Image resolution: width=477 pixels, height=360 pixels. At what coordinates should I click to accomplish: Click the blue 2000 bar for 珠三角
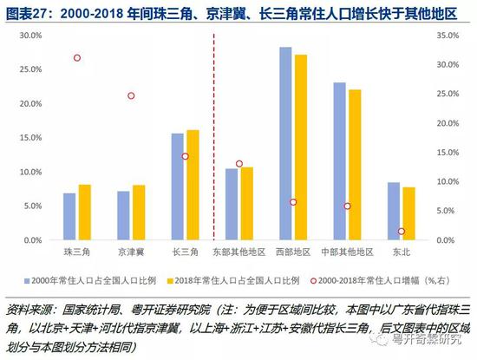tap(69, 217)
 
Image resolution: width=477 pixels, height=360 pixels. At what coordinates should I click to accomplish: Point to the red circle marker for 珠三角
tap(77, 58)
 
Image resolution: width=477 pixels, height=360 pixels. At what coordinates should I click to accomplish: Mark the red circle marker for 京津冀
tap(132, 95)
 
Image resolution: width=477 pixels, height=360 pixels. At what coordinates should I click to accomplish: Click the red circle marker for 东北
tap(402, 231)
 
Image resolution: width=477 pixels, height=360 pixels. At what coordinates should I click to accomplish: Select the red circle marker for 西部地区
tap(293, 202)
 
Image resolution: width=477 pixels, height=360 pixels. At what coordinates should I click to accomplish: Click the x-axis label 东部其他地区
tap(238, 252)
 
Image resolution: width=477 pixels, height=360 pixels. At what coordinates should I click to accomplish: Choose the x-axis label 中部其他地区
tap(347, 252)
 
